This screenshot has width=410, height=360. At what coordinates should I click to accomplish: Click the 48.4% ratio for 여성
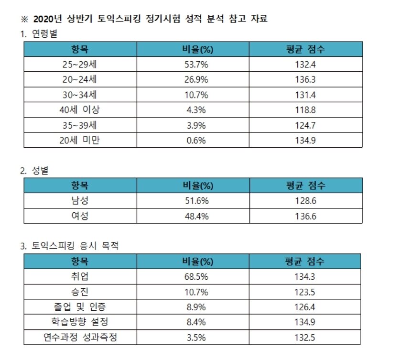click(196, 216)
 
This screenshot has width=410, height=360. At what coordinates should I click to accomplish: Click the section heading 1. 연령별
click(39, 34)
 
